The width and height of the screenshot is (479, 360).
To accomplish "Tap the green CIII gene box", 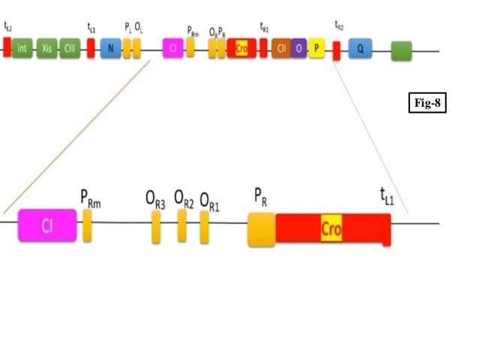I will click(70, 48).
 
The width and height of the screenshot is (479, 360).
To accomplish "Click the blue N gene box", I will click(110, 48).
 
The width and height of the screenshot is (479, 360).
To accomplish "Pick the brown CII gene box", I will click(282, 48).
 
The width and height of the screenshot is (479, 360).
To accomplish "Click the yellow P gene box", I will click(316, 48).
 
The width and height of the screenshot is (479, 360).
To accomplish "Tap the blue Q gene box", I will click(360, 49).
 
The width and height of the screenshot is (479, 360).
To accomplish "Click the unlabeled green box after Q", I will click(402, 50).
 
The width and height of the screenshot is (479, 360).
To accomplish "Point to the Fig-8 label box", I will click(428, 103).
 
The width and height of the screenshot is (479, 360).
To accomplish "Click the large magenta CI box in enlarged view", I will click(47, 225).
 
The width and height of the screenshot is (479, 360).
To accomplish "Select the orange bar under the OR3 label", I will click(156, 226).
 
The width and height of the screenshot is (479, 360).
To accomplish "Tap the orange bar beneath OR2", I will click(182, 225).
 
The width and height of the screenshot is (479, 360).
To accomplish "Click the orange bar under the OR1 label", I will click(204, 226).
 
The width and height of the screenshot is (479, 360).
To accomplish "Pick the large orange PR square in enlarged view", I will click(261, 228).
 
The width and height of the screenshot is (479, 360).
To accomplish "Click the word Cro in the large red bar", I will click(331, 228).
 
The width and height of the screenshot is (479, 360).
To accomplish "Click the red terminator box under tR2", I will click(336, 51).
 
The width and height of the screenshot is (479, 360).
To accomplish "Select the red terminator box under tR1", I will click(264, 48).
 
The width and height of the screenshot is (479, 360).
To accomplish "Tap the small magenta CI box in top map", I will click(173, 48).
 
